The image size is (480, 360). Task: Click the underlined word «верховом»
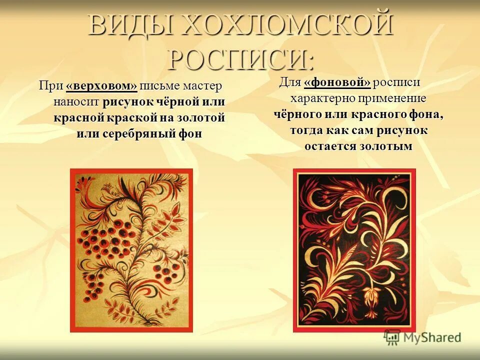tap(101, 86)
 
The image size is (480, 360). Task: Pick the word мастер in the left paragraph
tap(201, 86)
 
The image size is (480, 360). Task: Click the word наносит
tap(76, 102)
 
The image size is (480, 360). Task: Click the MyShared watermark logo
tap(422, 337)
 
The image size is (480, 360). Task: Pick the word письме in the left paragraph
tap(159, 86)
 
